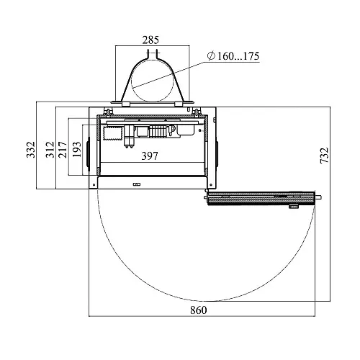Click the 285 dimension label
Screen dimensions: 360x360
tap(150, 40)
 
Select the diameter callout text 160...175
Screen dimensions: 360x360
tap(238, 56)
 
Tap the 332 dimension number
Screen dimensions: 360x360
tap(31, 150)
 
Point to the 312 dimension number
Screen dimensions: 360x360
tap(50, 150)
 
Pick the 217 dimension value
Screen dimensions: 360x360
tap(63, 150)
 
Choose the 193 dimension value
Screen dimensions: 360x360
tap(77, 150)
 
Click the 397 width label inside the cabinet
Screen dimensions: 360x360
tap(150, 156)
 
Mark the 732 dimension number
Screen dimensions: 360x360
tap(324, 156)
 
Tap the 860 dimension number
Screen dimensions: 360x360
tap(199, 310)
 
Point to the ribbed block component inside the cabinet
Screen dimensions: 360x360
tap(158, 132)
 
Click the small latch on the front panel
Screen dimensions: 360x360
tap(137, 184)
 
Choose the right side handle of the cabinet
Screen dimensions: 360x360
tap(217, 154)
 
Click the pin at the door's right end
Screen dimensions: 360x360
tap(318, 197)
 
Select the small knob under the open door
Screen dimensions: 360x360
tap(293, 207)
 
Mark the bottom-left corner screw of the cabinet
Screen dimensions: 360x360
tap(94, 185)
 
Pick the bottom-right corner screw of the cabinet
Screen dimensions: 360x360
tap(211, 185)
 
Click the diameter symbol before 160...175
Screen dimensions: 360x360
tap(211, 56)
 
